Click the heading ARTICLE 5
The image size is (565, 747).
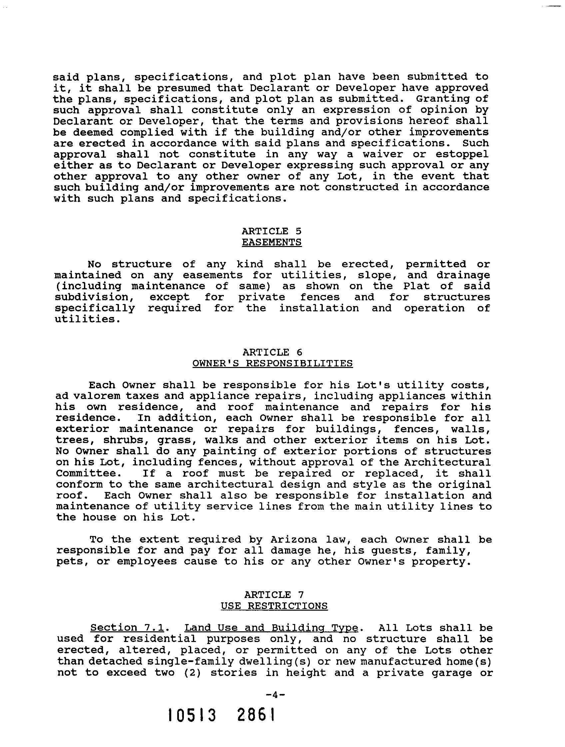tap(272, 231)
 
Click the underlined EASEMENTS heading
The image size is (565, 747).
tap(272, 242)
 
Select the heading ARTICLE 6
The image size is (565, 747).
tap(273, 352)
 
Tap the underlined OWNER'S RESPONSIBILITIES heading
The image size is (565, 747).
tap(273, 363)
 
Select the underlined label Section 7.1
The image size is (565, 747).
tap(127, 628)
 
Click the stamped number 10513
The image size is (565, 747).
tap(192, 715)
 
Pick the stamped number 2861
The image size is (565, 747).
tap(256, 715)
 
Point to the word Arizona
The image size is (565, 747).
tap(293, 540)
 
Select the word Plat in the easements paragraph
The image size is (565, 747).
tap(416, 286)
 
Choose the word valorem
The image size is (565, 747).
tap(96, 396)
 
